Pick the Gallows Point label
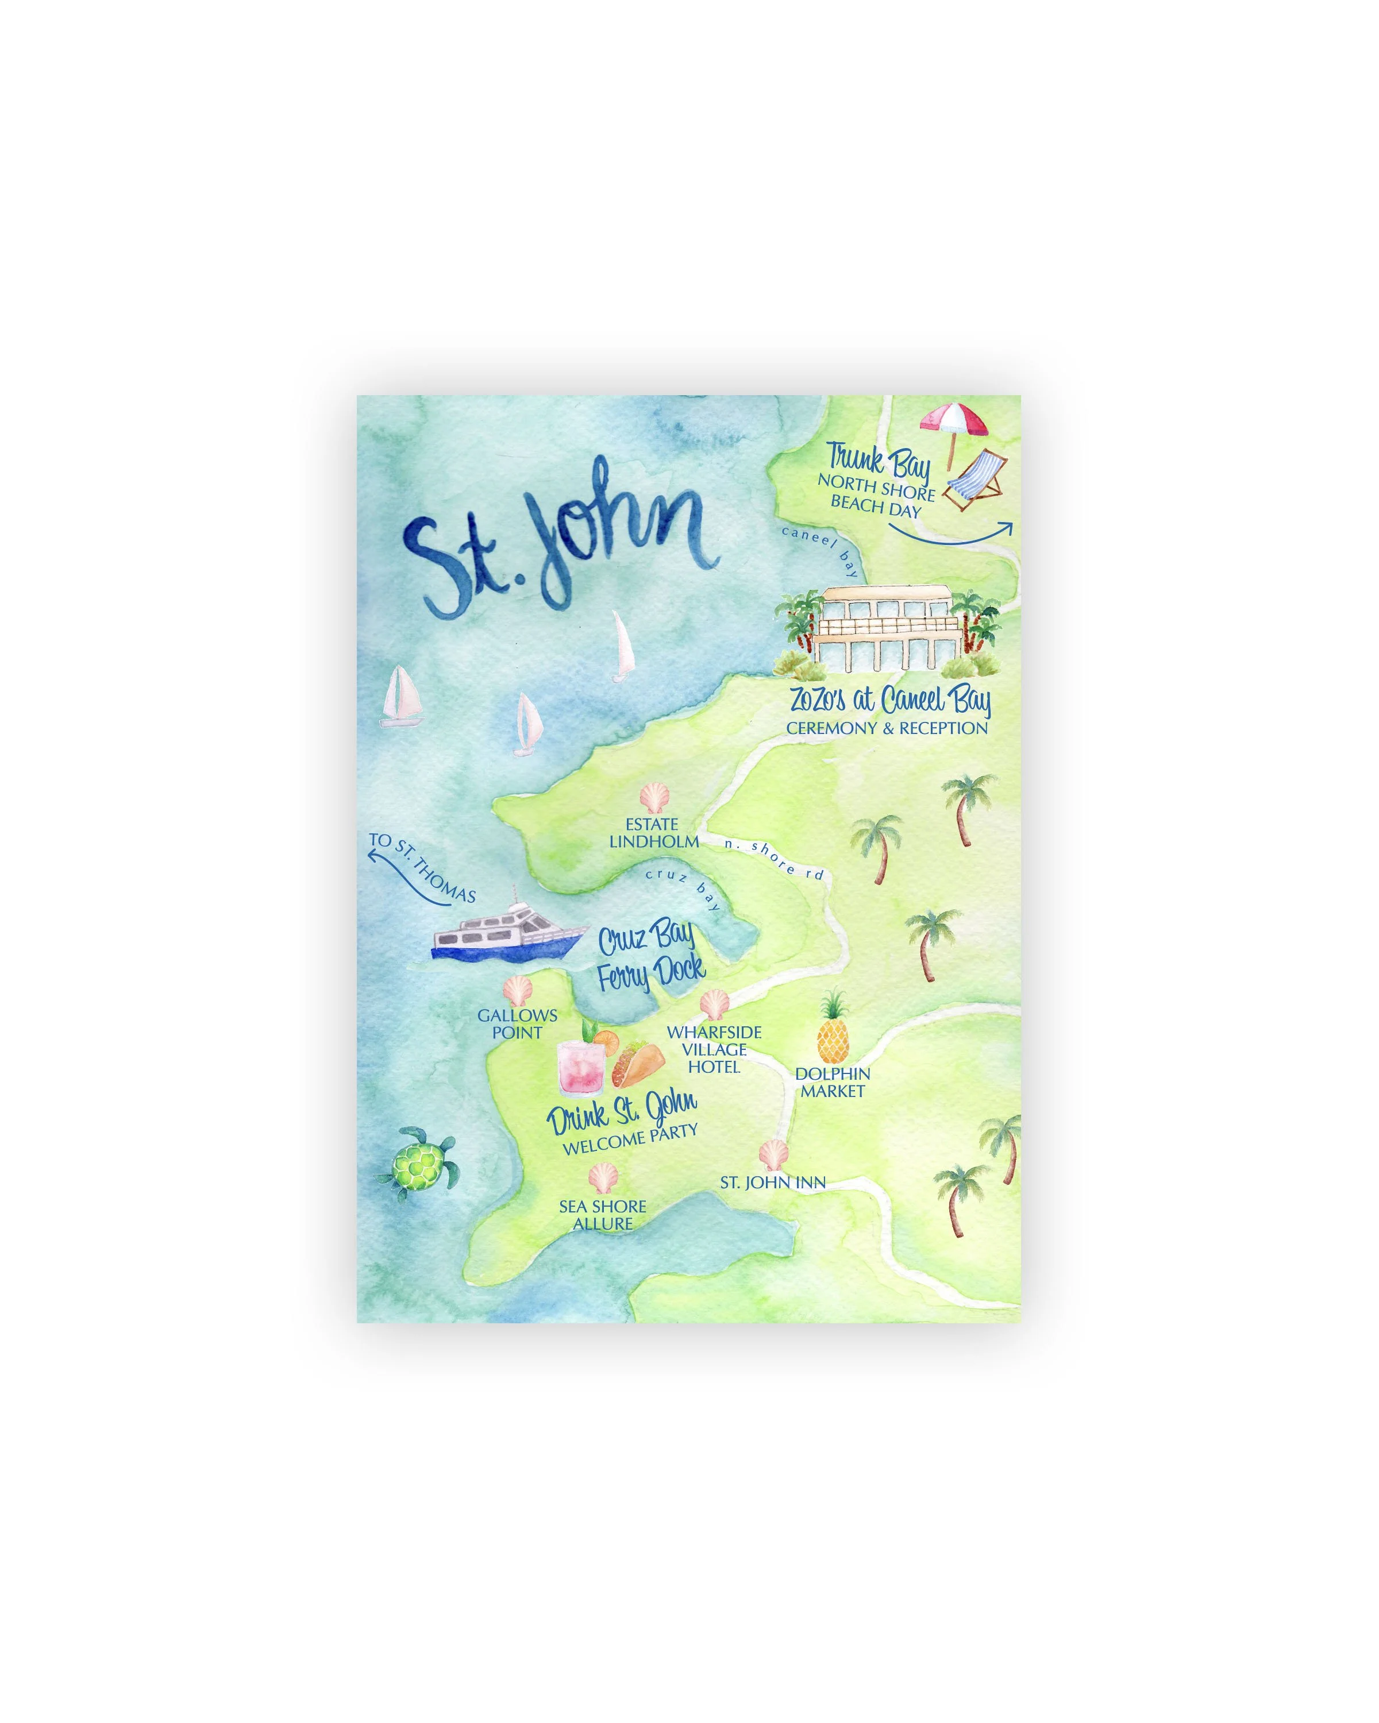(x=517, y=1023)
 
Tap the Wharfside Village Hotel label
(x=714, y=1049)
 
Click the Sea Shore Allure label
(x=602, y=1215)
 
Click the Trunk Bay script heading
(x=878, y=459)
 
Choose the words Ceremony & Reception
(x=887, y=728)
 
